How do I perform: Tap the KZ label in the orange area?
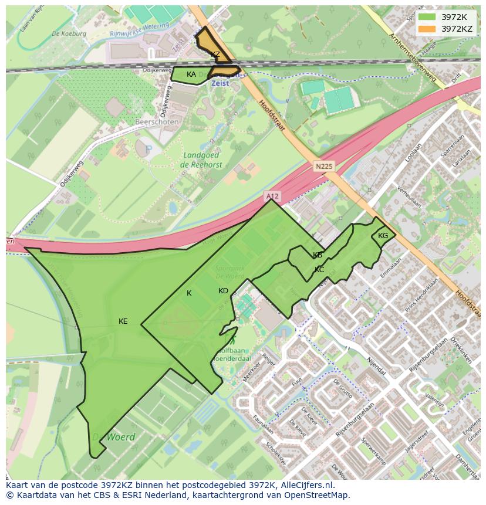click(x=215, y=55)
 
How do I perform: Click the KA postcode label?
click(x=191, y=74)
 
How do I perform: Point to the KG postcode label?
click(x=383, y=236)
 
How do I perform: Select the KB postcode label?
click(x=318, y=255)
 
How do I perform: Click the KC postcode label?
click(x=319, y=270)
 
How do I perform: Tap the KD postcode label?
click(x=223, y=291)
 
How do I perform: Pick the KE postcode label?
click(x=123, y=321)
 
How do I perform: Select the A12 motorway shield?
click(x=271, y=196)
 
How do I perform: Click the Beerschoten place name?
click(x=157, y=122)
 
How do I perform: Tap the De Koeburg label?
click(x=69, y=34)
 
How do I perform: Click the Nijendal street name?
click(x=376, y=367)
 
